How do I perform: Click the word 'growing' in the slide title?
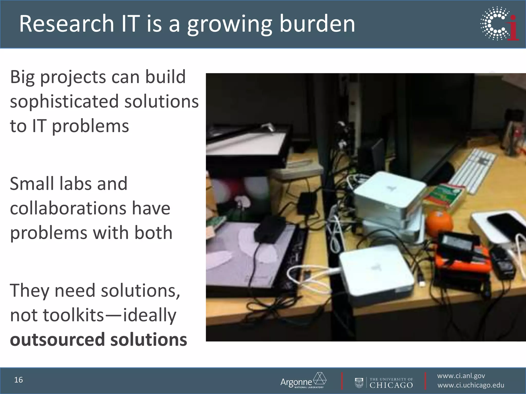pos(229,24)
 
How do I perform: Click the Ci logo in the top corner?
pos(499,24)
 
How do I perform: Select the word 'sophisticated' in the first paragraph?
pos(64,102)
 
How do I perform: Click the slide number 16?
pos(18,380)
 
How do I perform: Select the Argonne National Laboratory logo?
pos(303,380)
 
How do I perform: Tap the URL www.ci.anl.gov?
pos(461,376)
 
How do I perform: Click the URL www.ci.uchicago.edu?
pos(471,385)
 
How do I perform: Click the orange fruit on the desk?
pos(439,222)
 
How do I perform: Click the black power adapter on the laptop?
pos(270,230)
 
